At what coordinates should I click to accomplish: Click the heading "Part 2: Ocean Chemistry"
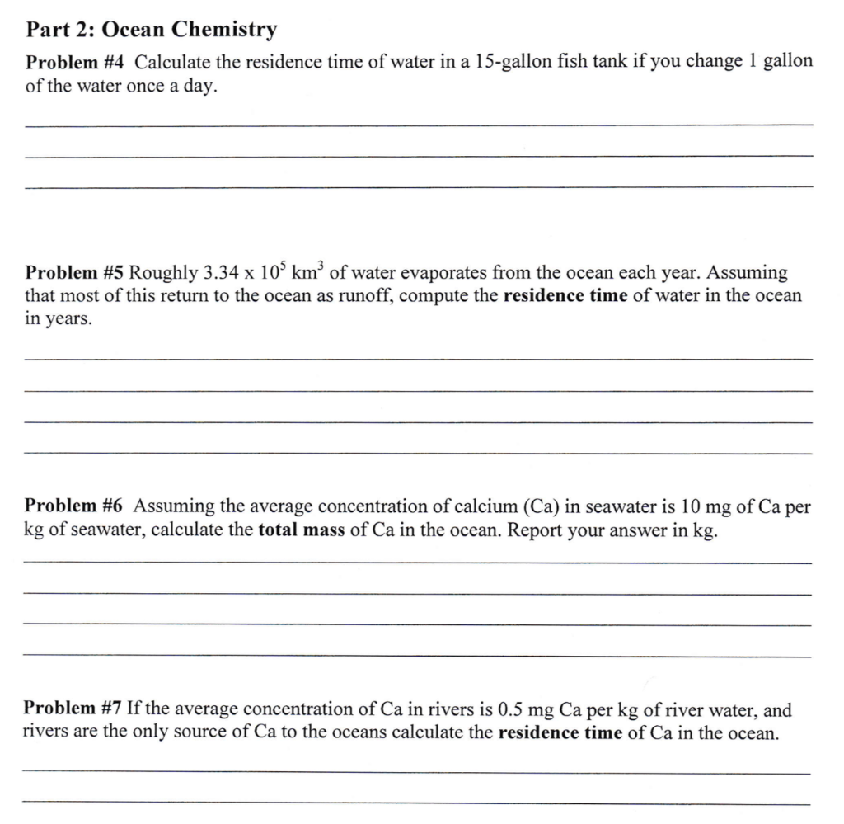(x=152, y=31)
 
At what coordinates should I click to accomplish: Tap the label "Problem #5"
(x=75, y=273)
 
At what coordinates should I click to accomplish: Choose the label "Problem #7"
(x=73, y=709)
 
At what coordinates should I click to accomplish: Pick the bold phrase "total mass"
(x=302, y=530)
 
